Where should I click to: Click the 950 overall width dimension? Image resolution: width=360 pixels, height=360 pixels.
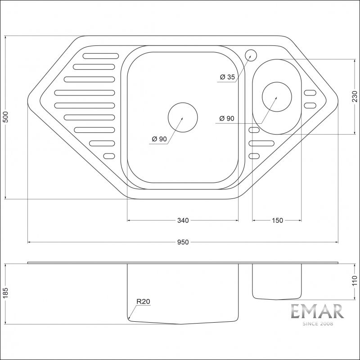[182, 242]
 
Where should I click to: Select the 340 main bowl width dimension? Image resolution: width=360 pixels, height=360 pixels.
[183, 220]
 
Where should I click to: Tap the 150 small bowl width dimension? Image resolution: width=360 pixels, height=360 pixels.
[277, 220]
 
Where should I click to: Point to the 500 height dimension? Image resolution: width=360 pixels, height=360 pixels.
[5, 118]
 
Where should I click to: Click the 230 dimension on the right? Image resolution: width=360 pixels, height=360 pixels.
[355, 96]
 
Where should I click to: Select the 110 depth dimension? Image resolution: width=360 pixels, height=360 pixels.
[355, 282]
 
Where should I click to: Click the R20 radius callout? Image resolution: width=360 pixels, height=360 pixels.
[143, 302]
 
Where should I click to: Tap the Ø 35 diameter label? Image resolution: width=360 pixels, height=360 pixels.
[227, 77]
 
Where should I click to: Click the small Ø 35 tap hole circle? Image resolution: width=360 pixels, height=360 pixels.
[251, 55]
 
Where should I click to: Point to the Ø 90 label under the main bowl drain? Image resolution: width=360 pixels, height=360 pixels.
[159, 139]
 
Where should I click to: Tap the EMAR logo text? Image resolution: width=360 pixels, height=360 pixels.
[317, 312]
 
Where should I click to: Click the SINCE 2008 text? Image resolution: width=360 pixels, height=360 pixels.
[317, 324]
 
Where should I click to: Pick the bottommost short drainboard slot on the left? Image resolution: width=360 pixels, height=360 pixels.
[109, 156]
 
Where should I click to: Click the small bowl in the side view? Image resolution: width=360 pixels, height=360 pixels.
[277, 281]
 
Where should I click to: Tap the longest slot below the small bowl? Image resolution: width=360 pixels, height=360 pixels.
[261, 143]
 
